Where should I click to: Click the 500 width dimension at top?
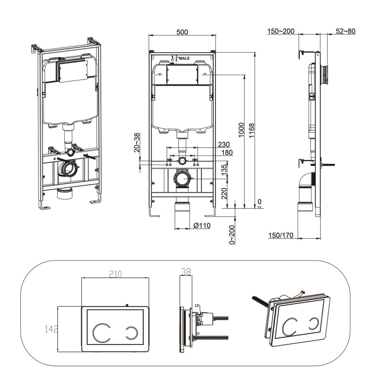tap(182, 32)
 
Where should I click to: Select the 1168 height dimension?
tap(252, 132)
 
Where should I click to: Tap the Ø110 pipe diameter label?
tap(202, 226)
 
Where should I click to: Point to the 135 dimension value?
tap(224, 169)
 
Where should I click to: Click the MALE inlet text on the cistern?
tap(185, 58)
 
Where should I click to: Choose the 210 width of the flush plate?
tap(115, 274)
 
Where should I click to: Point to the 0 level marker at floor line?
tap(259, 202)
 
